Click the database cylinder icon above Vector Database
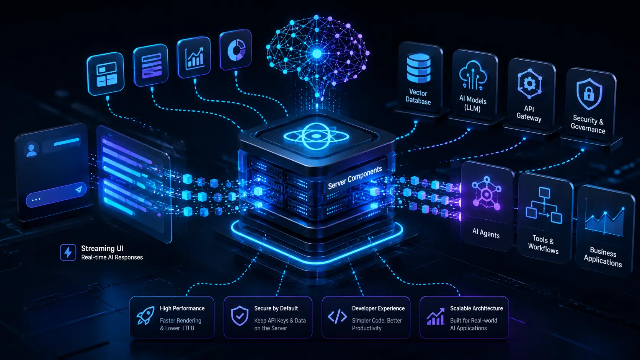[419, 68]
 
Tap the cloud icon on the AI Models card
[473, 75]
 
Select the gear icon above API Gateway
[529, 84]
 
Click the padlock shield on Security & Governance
[589, 94]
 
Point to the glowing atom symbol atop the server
[316, 137]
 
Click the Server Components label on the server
[355, 178]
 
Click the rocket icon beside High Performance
[146, 315]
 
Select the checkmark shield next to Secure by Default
[240, 316]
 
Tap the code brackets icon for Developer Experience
[338, 316]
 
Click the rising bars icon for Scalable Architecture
[436, 316]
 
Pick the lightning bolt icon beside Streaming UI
[68, 252]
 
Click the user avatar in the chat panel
[31, 150]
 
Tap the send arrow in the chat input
[79, 189]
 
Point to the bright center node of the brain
[317, 54]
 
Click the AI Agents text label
[486, 233]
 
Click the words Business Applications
[603, 257]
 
